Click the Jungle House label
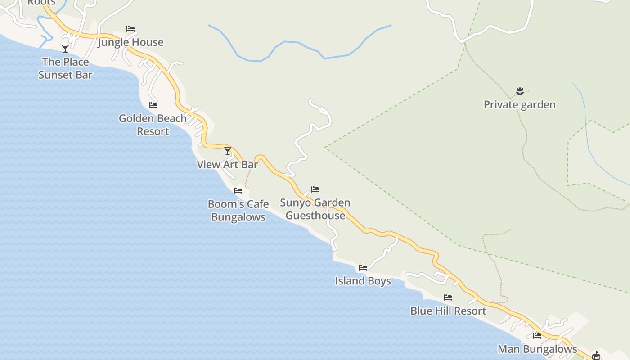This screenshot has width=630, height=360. [x=130, y=42]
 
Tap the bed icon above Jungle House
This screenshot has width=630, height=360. [x=130, y=29]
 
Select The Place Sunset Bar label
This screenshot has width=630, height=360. [x=65, y=68]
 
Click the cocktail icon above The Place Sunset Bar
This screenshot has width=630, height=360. [x=65, y=49]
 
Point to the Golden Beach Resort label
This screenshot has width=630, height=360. [x=153, y=125]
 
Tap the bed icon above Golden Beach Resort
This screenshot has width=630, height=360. [x=153, y=105]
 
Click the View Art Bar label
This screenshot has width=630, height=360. [x=227, y=164]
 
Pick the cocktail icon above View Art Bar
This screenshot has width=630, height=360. [x=228, y=151]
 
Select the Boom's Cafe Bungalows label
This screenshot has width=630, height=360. [x=238, y=211]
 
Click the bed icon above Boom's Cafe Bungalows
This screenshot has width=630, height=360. [x=238, y=191]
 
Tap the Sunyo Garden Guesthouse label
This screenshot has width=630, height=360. [x=315, y=209]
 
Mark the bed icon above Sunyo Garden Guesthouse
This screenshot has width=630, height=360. [x=315, y=189]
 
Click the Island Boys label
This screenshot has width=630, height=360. [x=363, y=281]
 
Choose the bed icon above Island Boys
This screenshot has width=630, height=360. [x=363, y=268]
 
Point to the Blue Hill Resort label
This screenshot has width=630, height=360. [x=448, y=311]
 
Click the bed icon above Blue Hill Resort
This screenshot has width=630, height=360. [x=448, y=297]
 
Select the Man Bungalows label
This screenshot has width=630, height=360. [x=537, y=349]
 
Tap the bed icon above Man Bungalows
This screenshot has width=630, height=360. [x=537, y=335]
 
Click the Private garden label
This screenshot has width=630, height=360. [x=520, y=105]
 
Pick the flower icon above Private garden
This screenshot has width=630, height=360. [x=520, y=91]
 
